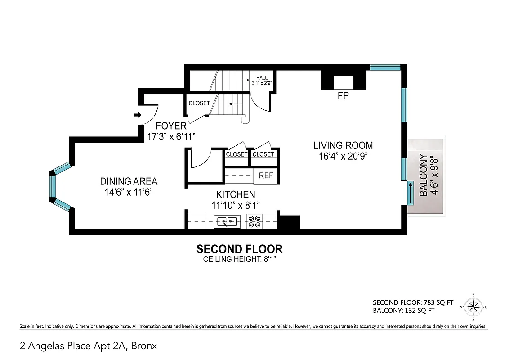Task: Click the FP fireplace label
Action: point(343,96)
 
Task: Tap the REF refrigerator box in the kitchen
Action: point(266,175)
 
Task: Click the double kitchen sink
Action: point(227,221)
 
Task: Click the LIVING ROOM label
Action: point(343,145)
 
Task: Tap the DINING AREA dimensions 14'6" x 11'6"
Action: point(129,192)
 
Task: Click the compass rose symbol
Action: point(473,308)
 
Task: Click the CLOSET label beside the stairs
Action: point(199,103)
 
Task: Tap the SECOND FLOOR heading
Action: point(240,249)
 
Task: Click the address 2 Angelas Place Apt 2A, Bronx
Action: point(89,346)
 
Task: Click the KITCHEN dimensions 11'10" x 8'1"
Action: point(236,205)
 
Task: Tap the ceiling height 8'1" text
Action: point(240,259)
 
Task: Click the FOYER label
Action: point(171,126)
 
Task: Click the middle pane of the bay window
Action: point(53,187)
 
